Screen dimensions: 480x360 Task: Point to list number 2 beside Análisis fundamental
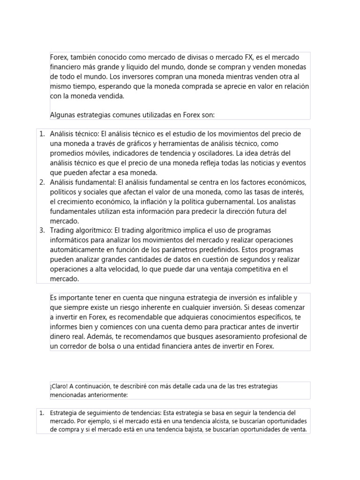click(x=42, y=182)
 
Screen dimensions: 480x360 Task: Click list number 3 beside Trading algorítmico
click(x=42, y=230)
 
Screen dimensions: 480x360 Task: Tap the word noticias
click(x=255, y=163)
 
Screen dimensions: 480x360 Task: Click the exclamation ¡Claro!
click(x=60, y=386)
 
